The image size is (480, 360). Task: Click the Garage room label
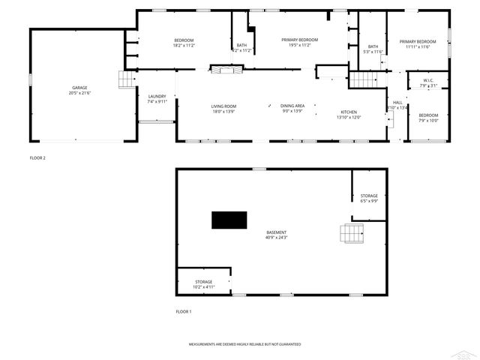[x=73, y=91]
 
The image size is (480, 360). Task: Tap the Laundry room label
[x=157, y=98]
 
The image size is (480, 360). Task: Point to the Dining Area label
[x=292, y=109]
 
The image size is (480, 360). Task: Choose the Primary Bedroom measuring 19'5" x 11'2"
[x=299, y=42]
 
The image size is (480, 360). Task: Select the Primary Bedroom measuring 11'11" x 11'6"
[x=417, y=44]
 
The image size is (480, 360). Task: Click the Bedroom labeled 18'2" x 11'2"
[x=184, y=42]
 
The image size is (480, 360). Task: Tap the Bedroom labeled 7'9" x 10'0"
[x=428, y=118]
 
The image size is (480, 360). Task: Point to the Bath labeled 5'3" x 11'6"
[x=373, y=49]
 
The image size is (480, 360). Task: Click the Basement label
[x=276, y=235]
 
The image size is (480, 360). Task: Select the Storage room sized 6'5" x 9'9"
[x=368, y=198]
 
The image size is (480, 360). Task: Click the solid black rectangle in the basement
[x=229, y=220]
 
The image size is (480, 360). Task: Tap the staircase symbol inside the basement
[x=351, y=233]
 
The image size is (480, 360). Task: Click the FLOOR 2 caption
[x=37, y=158]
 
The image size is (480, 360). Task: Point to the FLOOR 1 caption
[x=184, y=311]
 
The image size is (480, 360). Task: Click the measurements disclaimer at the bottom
[x=244, y=344]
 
